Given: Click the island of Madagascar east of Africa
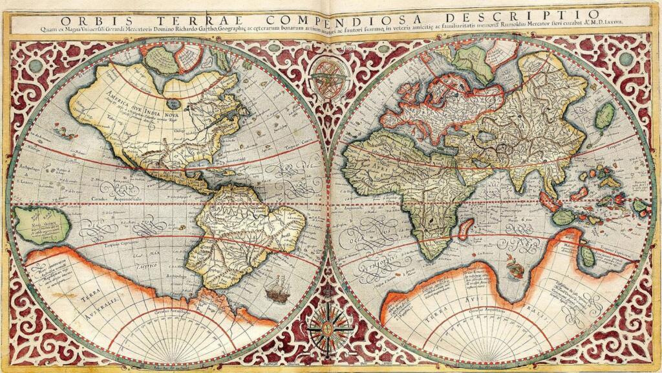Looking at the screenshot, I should point(465,227).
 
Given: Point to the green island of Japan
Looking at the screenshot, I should point(605,115).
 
